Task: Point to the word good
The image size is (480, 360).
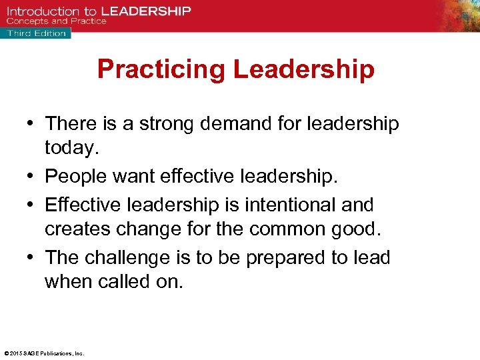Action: pos(358,229)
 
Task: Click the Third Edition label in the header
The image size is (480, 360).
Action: pos(37,33)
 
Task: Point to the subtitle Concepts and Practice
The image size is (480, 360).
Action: pos(57,21)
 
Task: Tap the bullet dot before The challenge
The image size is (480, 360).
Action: pos(31,258)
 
